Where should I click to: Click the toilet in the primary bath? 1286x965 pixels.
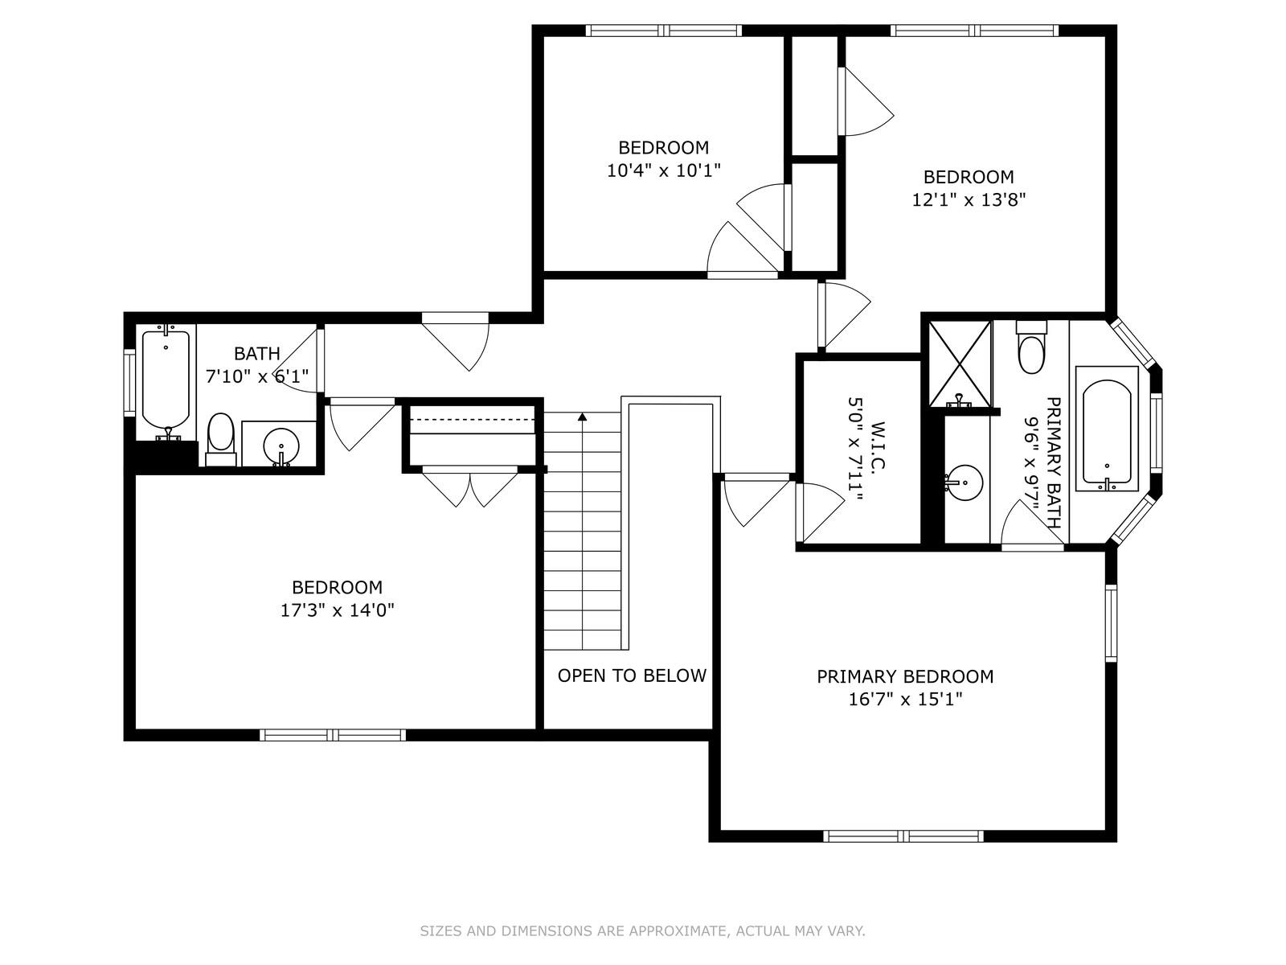tap(1031, 351)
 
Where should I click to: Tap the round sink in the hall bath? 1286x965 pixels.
tap(281, 444)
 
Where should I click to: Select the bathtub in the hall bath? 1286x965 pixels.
tap(166, 380)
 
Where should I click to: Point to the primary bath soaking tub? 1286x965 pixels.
tap(1107, 433)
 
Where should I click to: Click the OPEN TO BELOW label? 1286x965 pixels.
tap(632, 675)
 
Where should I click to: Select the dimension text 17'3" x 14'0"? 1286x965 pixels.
tap(337, 610)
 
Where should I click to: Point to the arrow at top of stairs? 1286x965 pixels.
tap(582, 417)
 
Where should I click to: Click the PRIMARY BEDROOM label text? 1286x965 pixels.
tap(905, 677)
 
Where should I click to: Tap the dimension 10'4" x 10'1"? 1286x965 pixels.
tap(663, 170)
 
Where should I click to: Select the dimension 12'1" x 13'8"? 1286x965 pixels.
tap(969, 199)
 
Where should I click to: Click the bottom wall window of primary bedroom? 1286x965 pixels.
tap(903, 836)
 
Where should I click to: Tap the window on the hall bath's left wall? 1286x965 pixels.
tap(129, 383)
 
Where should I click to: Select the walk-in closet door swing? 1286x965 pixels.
tap(820, 510)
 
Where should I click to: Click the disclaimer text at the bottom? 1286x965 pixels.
tap(642, 931)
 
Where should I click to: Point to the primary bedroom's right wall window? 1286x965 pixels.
tap(1112, 622)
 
